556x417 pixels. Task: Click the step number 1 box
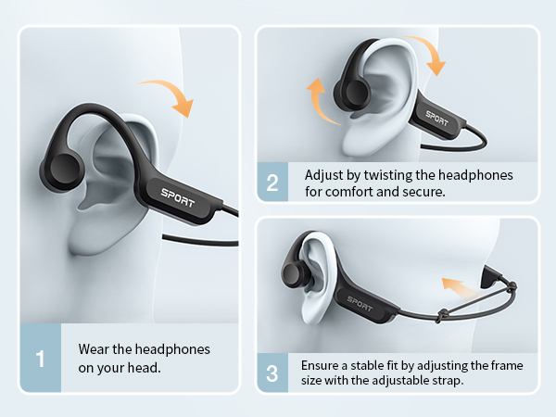40,357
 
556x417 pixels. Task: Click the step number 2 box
272,182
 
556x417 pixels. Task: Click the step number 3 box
272,373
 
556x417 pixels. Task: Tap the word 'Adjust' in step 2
324,174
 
